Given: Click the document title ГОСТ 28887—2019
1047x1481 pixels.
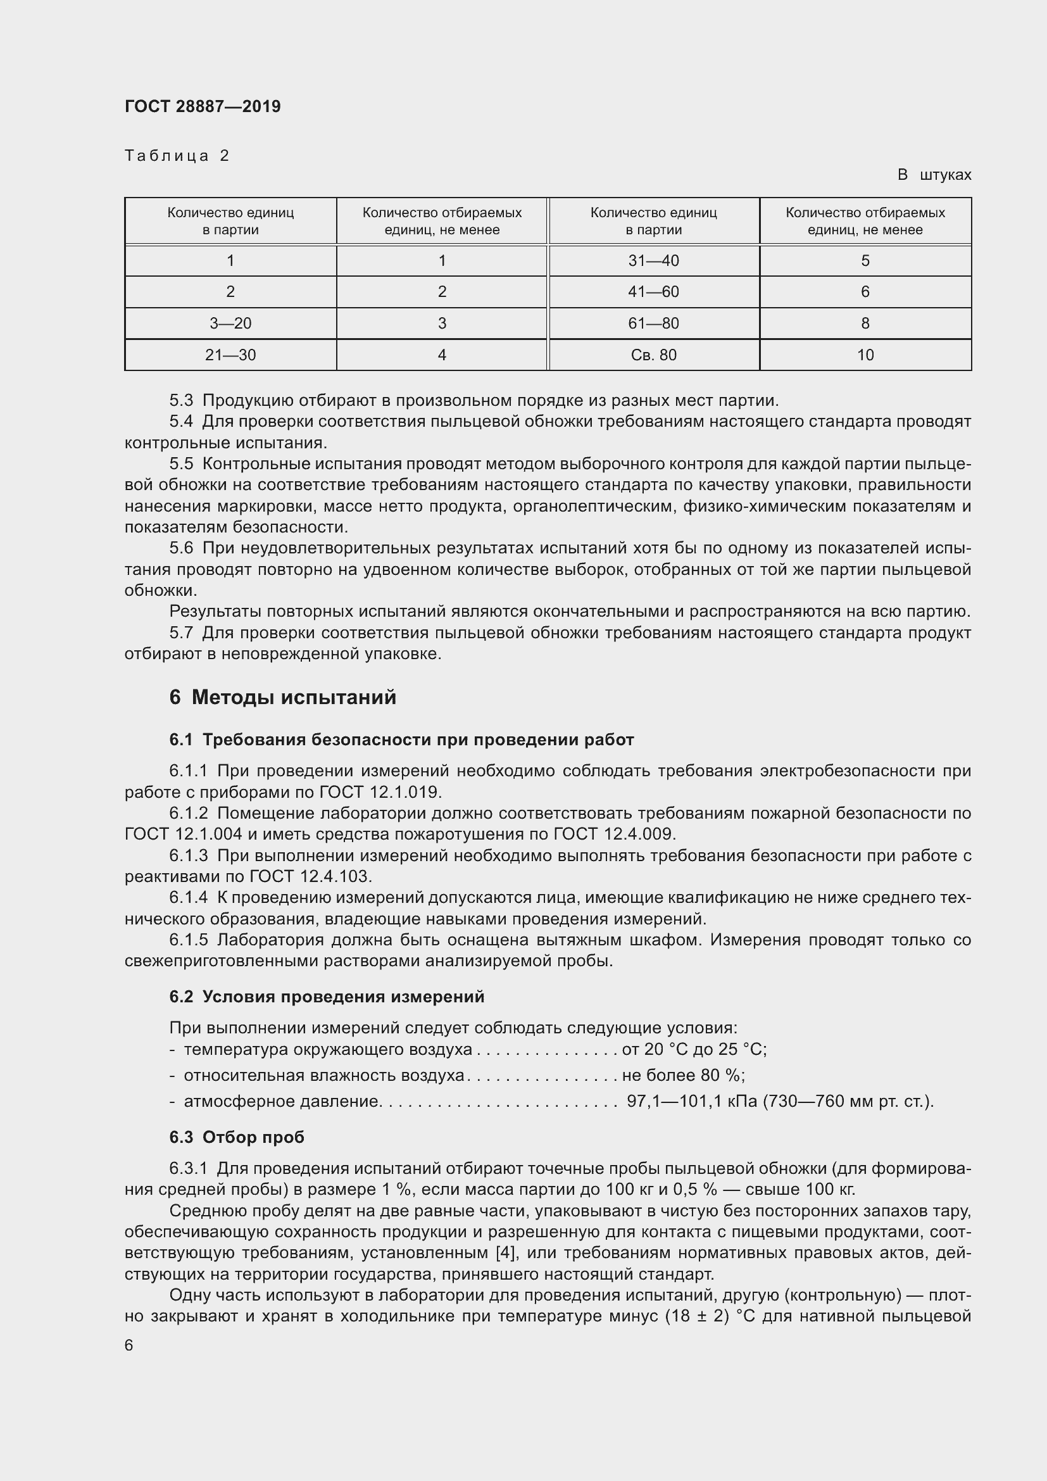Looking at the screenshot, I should [203, 106].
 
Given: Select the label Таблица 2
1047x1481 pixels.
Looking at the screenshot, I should [177, 156].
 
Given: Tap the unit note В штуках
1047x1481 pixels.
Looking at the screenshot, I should [934, 175].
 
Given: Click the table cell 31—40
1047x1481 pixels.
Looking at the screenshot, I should [653, 261].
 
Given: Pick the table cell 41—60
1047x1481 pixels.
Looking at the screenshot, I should [653, 291].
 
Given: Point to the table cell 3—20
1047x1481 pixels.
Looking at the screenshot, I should [230, 323].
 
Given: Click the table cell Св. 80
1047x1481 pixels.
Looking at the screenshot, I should [653, 355].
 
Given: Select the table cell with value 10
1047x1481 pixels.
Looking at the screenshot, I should [865, 355].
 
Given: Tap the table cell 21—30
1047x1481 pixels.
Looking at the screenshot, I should [230, 355].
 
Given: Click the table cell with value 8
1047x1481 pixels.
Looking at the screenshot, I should [865, 323].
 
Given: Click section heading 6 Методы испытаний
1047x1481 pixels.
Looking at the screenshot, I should [282, 697].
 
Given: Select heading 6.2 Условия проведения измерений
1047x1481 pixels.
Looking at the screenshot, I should [327, 997].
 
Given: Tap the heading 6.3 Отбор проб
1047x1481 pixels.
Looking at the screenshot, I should [237, 1137].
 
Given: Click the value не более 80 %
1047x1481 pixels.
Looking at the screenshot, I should [682, 1075].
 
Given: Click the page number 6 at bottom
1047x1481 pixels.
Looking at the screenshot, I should [129, 1346].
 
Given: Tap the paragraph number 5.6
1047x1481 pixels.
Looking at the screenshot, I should [181, 548].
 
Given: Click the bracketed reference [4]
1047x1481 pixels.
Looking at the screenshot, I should [504, 1253].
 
